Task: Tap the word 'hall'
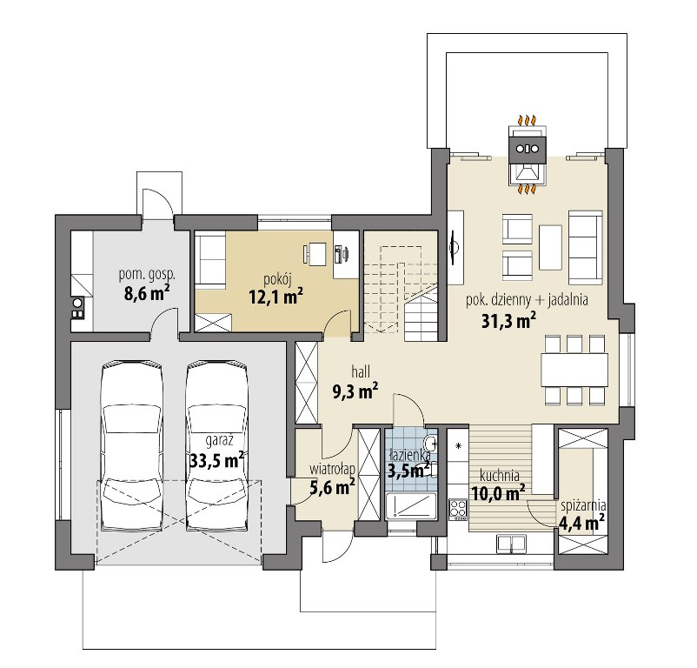click(361, 371)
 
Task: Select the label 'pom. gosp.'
click(147, 275)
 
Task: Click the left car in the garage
click(131, 446)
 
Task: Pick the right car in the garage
click(217, 446)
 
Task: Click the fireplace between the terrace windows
click(527, 155)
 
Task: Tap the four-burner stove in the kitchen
click(458, 510)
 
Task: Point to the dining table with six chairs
click(574, 370)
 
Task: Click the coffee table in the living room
click(550, 247)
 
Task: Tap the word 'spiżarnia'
click(584, 505)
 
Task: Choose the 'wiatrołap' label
click(332, 469)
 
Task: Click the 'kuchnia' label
click(500, 475)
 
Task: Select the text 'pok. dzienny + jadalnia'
click(527, 301)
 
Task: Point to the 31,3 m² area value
click(508, 321)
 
